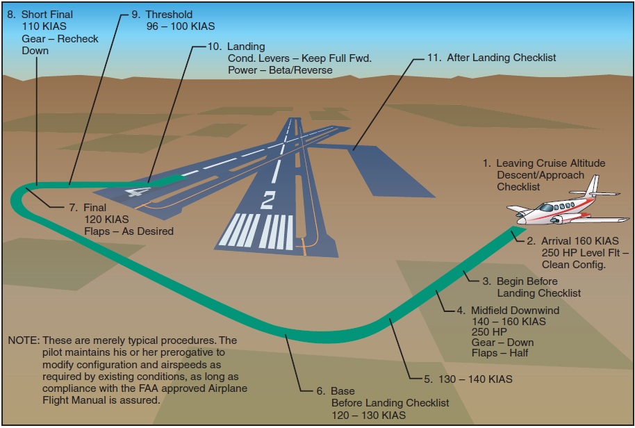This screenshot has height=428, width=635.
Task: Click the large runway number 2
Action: pyautogui.click(x=267, y=201)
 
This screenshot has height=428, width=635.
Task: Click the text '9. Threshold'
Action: pyautogui.click(x=161, y=14)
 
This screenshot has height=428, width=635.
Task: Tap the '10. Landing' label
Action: pyautogui.click(x=236, y=47)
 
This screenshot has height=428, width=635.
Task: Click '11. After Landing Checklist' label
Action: pyautogui.click(x=492, y=57)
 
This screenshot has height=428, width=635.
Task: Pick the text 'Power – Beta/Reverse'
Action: pyautogui.click(x=280, y=70)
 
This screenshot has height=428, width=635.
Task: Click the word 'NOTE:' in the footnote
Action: pyautogui.click(x=23, y=340)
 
